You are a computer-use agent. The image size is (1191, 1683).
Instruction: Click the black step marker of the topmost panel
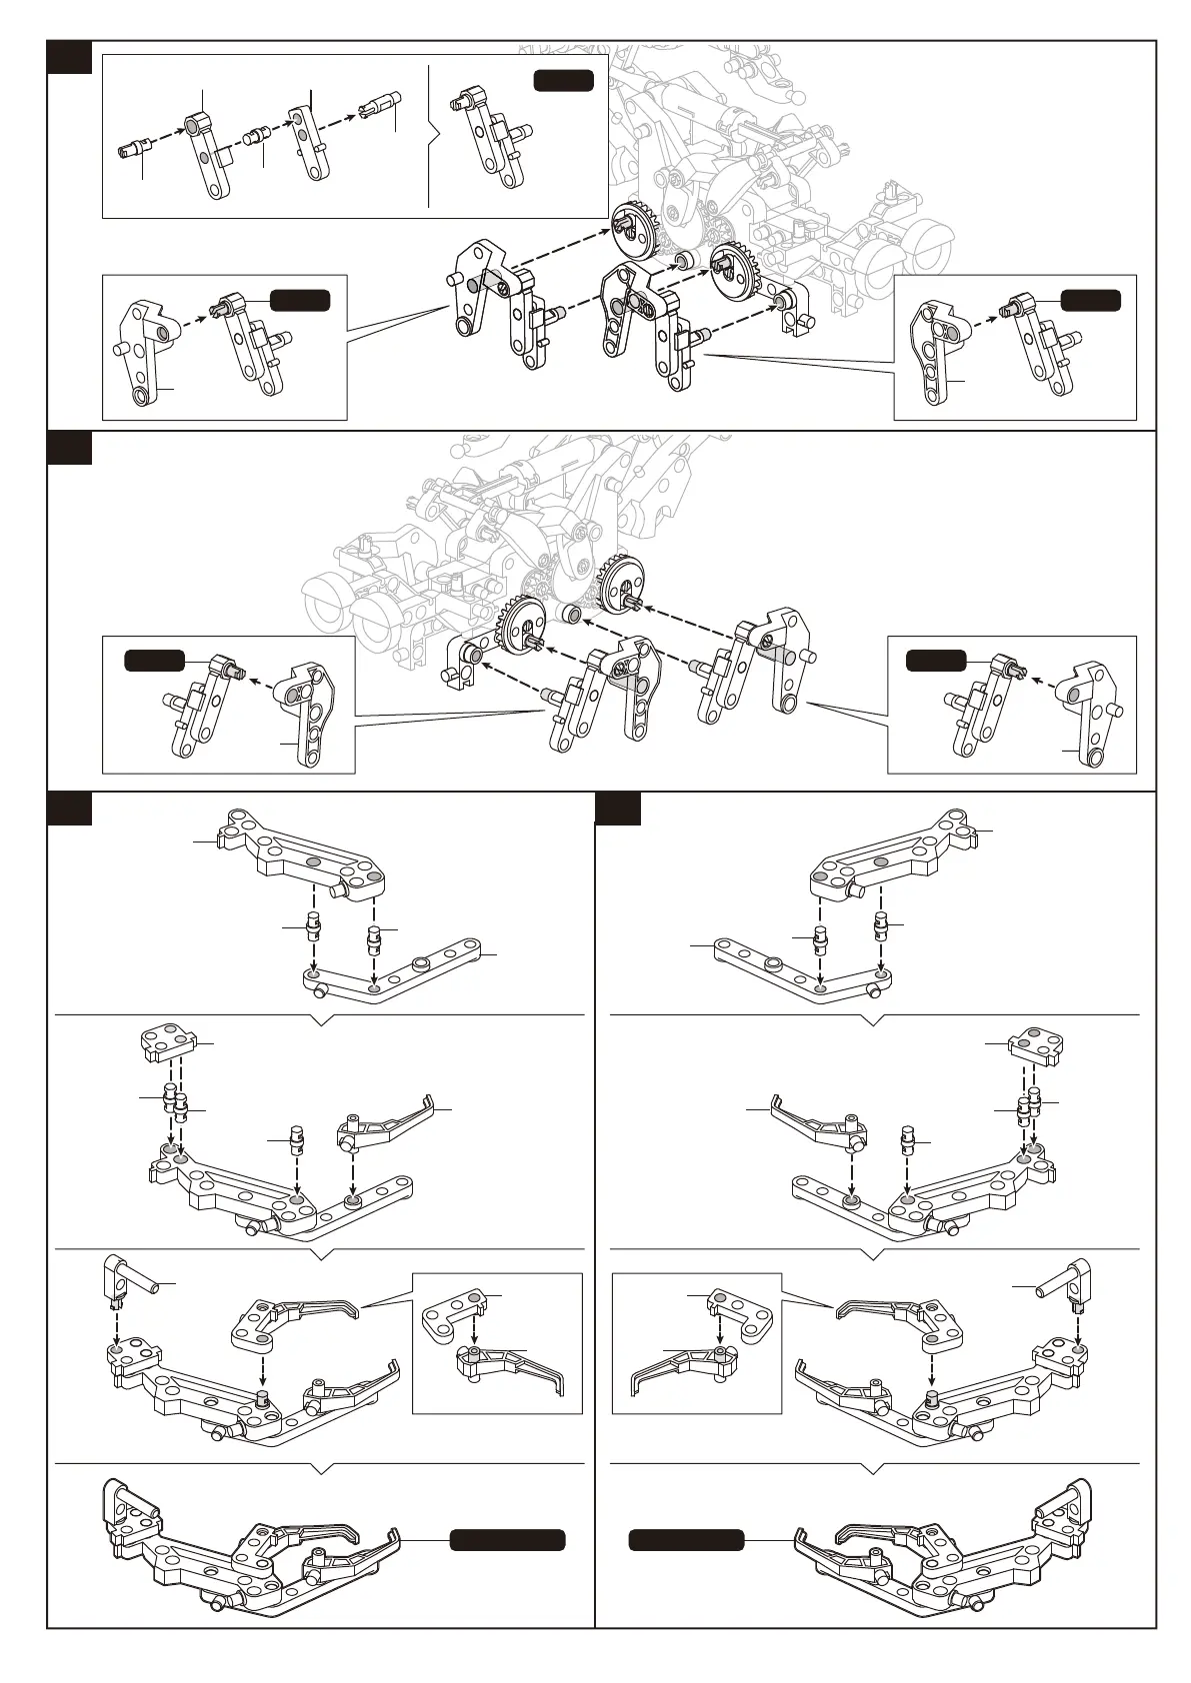(70, 57)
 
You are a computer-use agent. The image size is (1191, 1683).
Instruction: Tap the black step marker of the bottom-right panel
(617, 809)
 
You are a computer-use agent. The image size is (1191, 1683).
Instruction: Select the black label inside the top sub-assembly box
(563, 81)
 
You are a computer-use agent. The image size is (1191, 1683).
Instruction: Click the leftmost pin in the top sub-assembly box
(132, 149)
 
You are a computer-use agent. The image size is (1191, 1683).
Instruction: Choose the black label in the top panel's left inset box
(300, 300)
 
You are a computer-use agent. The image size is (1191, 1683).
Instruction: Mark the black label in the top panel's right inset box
(1090, 300)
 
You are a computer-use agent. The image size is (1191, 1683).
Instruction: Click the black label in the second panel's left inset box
(154, 660)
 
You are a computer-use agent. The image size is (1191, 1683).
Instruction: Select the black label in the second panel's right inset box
(936, 660)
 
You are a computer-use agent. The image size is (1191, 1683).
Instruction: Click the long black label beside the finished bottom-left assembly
(507, 1540)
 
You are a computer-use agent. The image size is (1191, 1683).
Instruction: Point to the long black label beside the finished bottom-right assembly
(686, 1540)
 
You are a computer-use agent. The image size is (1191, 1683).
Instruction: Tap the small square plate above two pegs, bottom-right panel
(1036, 1046)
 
